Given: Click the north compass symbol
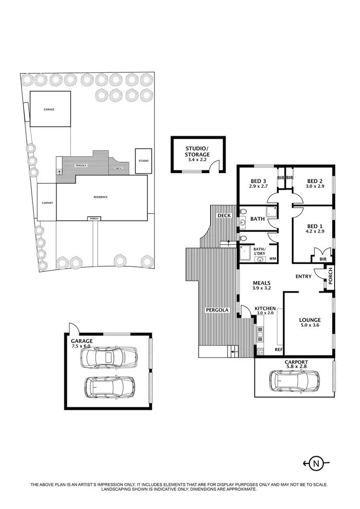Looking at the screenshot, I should pyautogui.click(x=316, y=463).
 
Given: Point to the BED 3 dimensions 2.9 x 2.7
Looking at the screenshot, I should pyautogui.click(x=259, y=187).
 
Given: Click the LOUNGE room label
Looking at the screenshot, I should pyautogui.click(x=310, y=320).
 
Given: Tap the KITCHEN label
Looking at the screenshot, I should pyautogui.click(x=264, y=308).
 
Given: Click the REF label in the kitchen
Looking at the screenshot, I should pyautogui.click(x=278, y=350).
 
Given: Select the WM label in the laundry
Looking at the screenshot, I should pyautogui.click(x=273, y=259).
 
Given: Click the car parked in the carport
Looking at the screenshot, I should pyautogui.click(x=294, y=380).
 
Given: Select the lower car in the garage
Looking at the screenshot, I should pyautogui.click(x=109, y=386).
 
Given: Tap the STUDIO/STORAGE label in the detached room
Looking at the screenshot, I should pyautogui.click(x=197, y=151).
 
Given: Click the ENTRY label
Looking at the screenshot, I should pyautogui.click(x=303, y=276).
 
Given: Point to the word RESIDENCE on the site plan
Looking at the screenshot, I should pyautogui.click(x=100, y=197).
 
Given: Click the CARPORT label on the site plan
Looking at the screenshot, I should pyautogui.click(x=47, y=203).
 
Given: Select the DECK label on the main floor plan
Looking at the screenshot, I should pyautogui.click(x=224, y=215).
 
